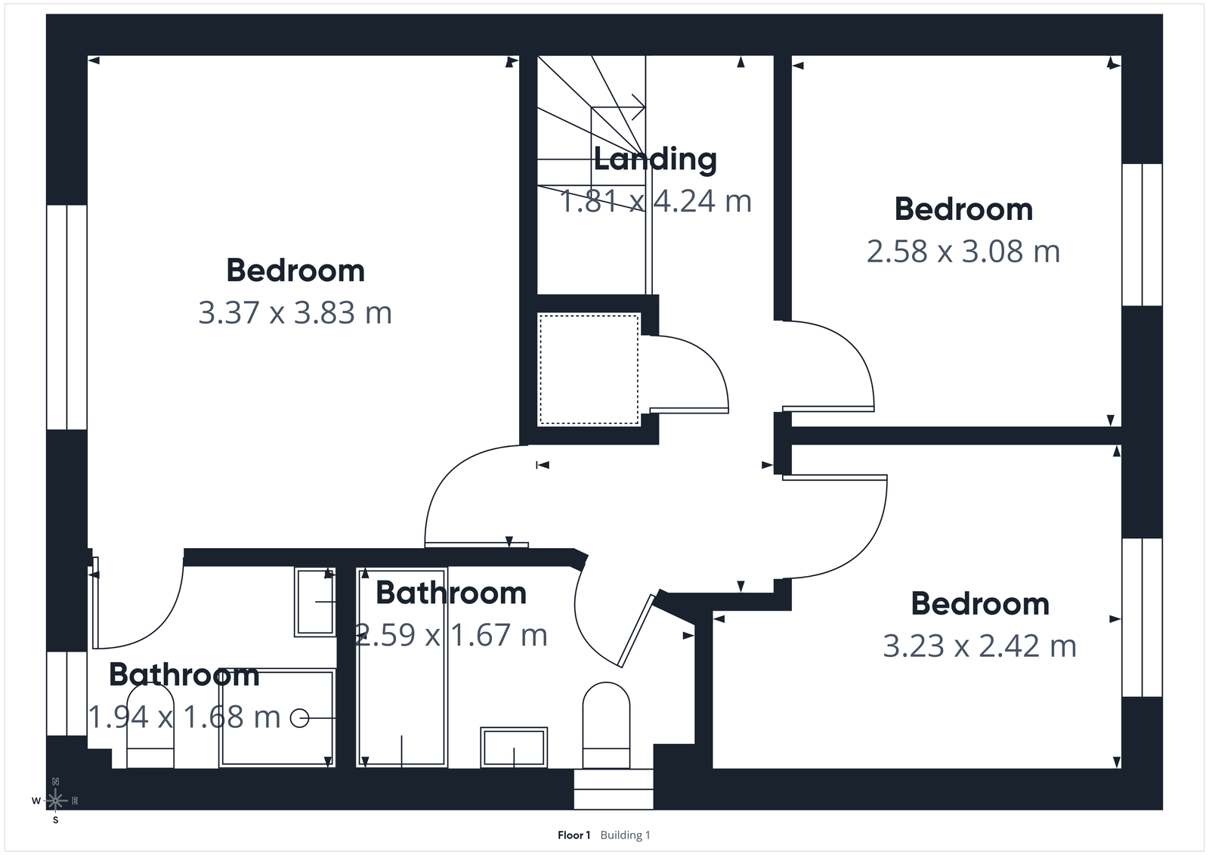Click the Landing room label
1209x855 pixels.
pyautogui.click(x=655, y=159)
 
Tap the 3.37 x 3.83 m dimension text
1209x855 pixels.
pyautogui.click(x=295, y=313)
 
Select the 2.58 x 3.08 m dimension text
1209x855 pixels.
pyautogui.click(x=963, y=252)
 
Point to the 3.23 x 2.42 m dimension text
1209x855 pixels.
pyautogui.click(x=980, y=646)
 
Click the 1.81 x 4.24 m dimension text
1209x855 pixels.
pyautogui.click(x=655, y=201)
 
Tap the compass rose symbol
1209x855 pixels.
pyautogui.click(x=55, y=800)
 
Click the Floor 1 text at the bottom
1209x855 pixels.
pyautogui.click(x=574, y=835)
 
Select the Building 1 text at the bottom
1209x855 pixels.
pyautogui.click(x=625, y=835)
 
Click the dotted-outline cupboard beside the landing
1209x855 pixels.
pyautogui.click(x=589, y=370)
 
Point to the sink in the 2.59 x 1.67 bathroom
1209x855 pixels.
pyautogui.click(x=514, y=747)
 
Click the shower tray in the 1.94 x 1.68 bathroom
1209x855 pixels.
pyautogui.click(x=277, y=718)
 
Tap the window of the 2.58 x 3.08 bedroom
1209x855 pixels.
pyautogui.click(x=1141, y=234)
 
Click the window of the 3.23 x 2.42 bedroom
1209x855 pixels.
pyautogui.click(x=1141, y=617)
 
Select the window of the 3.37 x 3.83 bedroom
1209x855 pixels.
pyautogui.click(x=67, y=317)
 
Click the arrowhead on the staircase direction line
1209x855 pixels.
pyautogui.click(x=641, y=107)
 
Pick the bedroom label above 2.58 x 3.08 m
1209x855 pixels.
pyautogui.click(x=963, y=209)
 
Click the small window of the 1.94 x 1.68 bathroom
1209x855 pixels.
pyautogui.click(x=67, y=693)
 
